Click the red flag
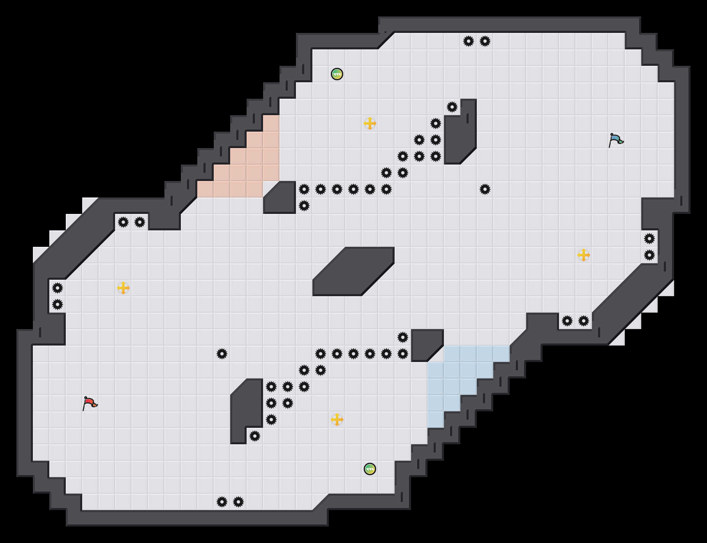pos(90,403)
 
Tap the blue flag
pos(616,140)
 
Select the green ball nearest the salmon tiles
pos(337,74)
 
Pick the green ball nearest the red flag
pos(370,469)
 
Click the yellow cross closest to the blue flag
pos(584,255)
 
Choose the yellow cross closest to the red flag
pos(123,288)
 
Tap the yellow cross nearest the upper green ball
pos(370,123)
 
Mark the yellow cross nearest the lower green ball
pos(337,420)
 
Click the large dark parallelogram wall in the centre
pos(353,271)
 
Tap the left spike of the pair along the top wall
pos(469,41)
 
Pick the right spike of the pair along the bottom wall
pos(238,502)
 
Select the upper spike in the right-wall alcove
pos(649,239)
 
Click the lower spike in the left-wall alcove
pos(58,304)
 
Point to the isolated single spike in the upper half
pos(485,189)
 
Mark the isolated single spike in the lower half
pos(222,354)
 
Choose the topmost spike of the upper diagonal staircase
pos(452,107)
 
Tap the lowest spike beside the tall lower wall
pos(255,436)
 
